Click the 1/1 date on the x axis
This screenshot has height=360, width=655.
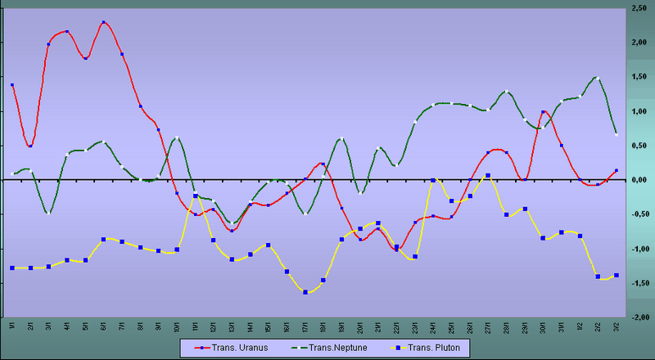(12, 326)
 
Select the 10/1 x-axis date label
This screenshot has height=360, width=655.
(177, 326)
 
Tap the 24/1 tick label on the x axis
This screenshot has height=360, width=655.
(432, 326)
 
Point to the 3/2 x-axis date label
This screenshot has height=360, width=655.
(616, 326)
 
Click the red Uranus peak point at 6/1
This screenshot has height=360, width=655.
(103, 22)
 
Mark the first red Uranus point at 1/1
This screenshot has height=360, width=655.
(12, 84)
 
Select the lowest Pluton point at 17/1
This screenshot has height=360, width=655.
(305, 292)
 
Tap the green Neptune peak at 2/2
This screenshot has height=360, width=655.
(598, 79)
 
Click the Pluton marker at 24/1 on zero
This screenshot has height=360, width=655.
(433, 180)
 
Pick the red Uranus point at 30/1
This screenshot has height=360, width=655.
(543, 112)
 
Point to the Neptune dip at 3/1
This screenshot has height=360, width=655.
(48, 213)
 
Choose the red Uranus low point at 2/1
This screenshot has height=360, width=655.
(30, 146)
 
